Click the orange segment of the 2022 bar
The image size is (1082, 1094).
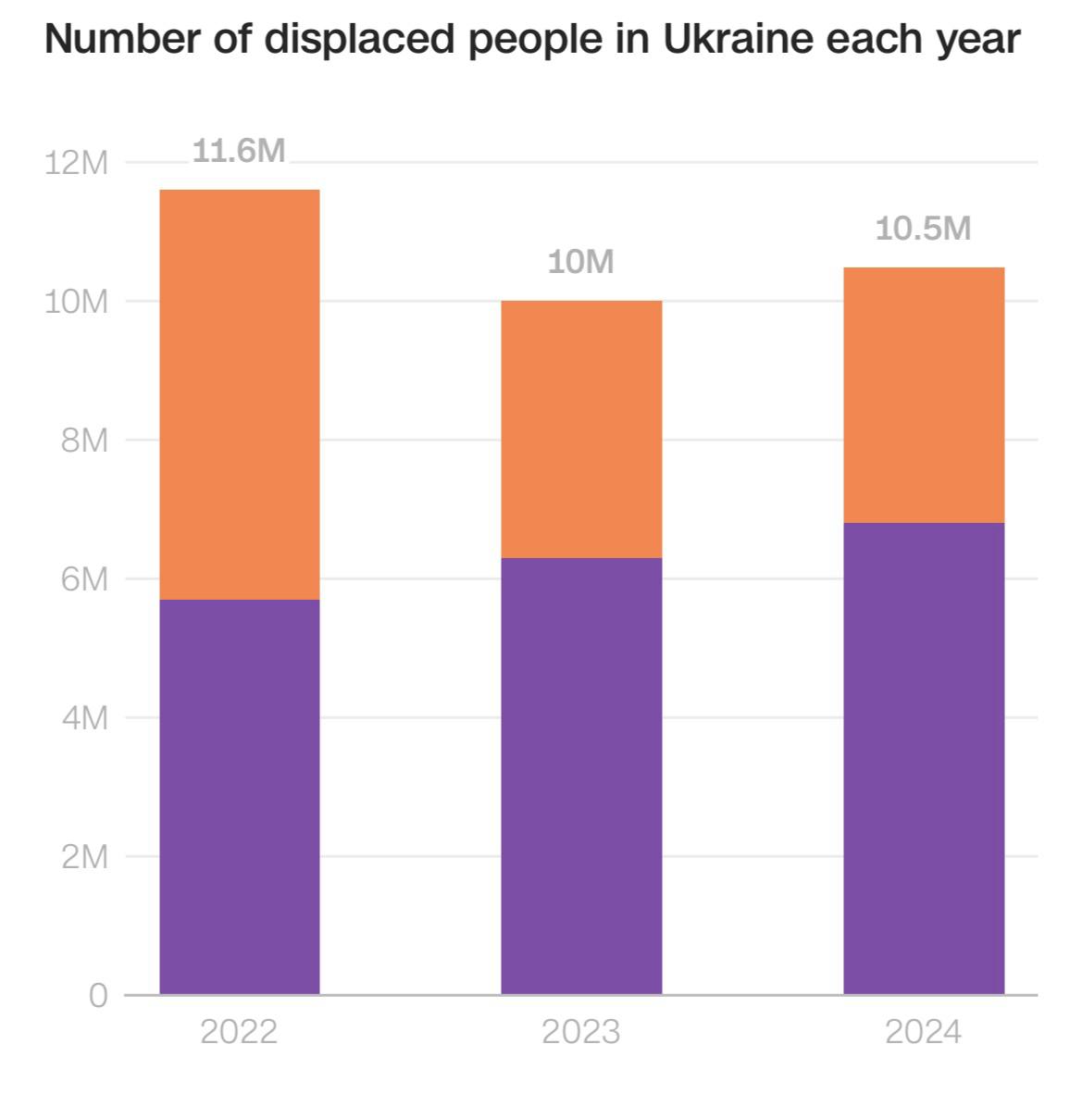click(239, 394)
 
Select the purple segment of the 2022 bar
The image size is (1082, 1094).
click(239, 797)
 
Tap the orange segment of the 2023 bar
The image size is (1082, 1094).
click(581, 429)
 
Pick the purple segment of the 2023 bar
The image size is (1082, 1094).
click(581, 776)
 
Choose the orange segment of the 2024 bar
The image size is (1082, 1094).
click(924, 394)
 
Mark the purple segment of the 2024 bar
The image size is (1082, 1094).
click(924, 758)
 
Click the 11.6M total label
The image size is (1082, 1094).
click(239, 151)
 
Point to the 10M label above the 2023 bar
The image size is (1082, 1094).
click(581, 262)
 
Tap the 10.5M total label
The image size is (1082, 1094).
click(924, 228)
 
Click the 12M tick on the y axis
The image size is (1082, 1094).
click(76, 164)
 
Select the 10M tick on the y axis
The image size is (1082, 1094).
click(76, 302)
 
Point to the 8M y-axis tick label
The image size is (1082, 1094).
click(84, 441)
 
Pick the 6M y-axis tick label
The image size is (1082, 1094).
click(84, 579)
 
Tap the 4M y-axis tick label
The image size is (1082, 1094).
click(84, 718)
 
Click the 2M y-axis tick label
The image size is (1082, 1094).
click(84, 857)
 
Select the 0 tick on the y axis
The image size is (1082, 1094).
click(98, 996)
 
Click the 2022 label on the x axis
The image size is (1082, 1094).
click(239, 1031)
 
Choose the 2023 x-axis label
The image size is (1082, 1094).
click(581, 1031)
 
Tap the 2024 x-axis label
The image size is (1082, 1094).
click(924, 1031)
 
